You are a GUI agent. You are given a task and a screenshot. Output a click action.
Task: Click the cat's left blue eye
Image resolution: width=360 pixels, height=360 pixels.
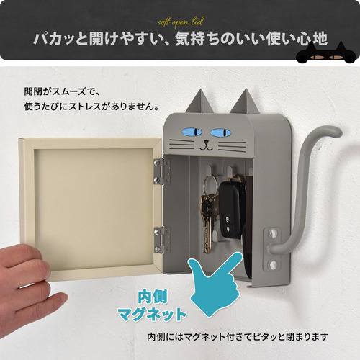[192, 132]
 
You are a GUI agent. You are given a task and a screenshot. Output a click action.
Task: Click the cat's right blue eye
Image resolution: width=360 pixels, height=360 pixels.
[221, 132]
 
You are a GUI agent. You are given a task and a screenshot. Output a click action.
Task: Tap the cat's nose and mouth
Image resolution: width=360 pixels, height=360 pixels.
[206, 145]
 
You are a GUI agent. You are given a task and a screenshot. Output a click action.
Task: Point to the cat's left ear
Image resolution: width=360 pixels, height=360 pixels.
[200, 102]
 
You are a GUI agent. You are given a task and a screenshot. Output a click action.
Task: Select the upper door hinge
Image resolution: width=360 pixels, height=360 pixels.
[162, 171]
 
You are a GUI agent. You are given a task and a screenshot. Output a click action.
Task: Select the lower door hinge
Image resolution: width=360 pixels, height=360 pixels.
[162, 240]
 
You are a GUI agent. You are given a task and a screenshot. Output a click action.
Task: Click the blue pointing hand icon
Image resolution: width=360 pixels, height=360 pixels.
[215, 284]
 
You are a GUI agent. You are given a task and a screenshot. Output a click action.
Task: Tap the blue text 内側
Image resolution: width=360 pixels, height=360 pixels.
[152, 297]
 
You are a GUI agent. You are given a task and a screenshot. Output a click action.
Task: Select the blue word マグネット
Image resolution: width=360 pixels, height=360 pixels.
[152, 314]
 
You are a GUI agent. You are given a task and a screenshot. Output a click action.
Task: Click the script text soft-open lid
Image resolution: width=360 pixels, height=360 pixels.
[180, 22]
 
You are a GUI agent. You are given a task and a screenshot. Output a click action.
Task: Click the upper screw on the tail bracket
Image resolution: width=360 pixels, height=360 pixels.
[272, 233]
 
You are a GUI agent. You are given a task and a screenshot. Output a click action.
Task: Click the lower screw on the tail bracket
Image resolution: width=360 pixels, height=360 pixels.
[272, 264]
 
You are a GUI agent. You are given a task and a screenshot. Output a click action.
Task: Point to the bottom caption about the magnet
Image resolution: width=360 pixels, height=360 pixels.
[238, 337]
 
